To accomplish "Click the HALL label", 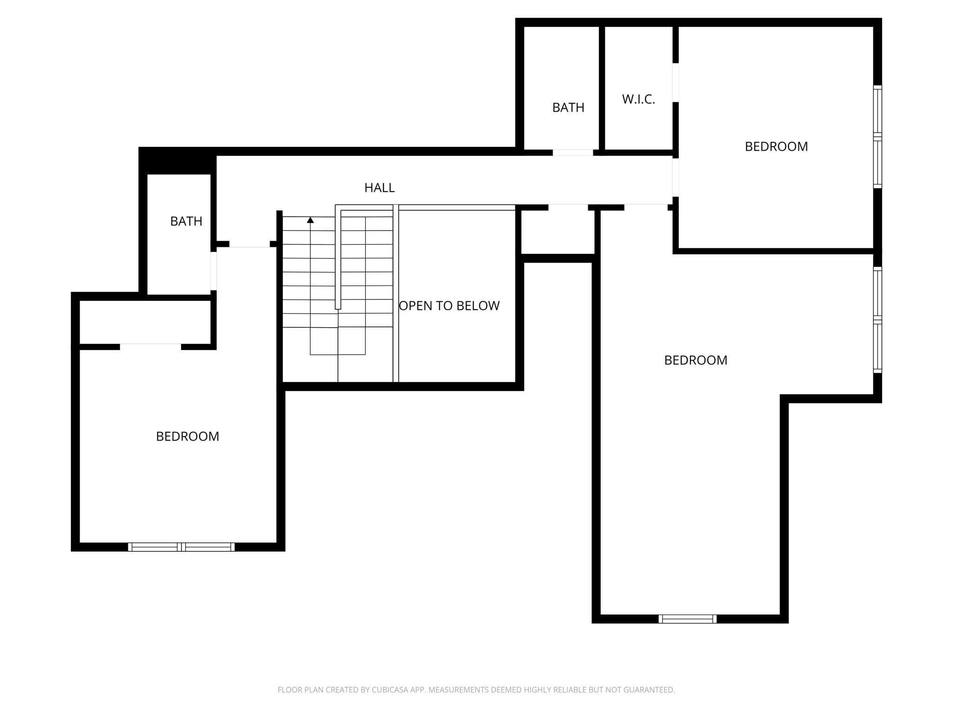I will point(379,188).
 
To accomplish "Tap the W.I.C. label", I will point(638,99).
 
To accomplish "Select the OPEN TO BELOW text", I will point(449,306).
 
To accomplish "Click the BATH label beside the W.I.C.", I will point(568,107).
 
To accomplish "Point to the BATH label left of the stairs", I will point(186,221).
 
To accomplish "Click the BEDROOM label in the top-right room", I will point(776,146).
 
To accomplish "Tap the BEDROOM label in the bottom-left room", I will point(188,436).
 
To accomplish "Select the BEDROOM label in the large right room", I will point(695,360).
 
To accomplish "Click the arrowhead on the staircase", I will point(310,220).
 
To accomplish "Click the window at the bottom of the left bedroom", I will point(181,547).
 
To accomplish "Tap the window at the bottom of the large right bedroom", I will point(687,619).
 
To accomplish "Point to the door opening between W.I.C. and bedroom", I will point(676,82).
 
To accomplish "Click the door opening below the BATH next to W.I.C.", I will point(573,152).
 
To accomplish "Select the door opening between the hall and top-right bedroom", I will point(676,177).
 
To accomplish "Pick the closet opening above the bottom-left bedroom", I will point(150,347).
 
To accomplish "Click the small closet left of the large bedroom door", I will point(557,231).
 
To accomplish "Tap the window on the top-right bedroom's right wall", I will point(877,137).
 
